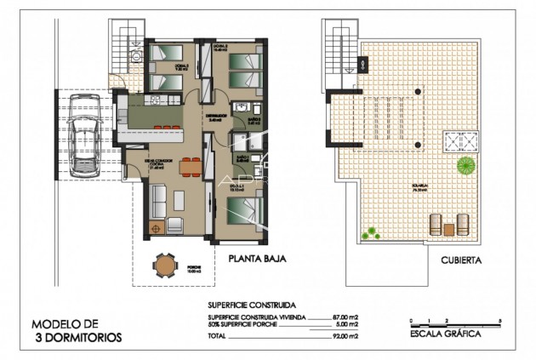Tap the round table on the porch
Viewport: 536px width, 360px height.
click(x=163, y=268)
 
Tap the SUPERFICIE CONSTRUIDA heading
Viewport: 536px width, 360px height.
click(x=252, y=304)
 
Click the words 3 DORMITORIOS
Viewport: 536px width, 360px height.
click(x=77, y=337)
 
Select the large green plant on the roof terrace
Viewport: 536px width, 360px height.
click(x=466, y=164)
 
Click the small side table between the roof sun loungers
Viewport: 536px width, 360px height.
click(x=448, y=229)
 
